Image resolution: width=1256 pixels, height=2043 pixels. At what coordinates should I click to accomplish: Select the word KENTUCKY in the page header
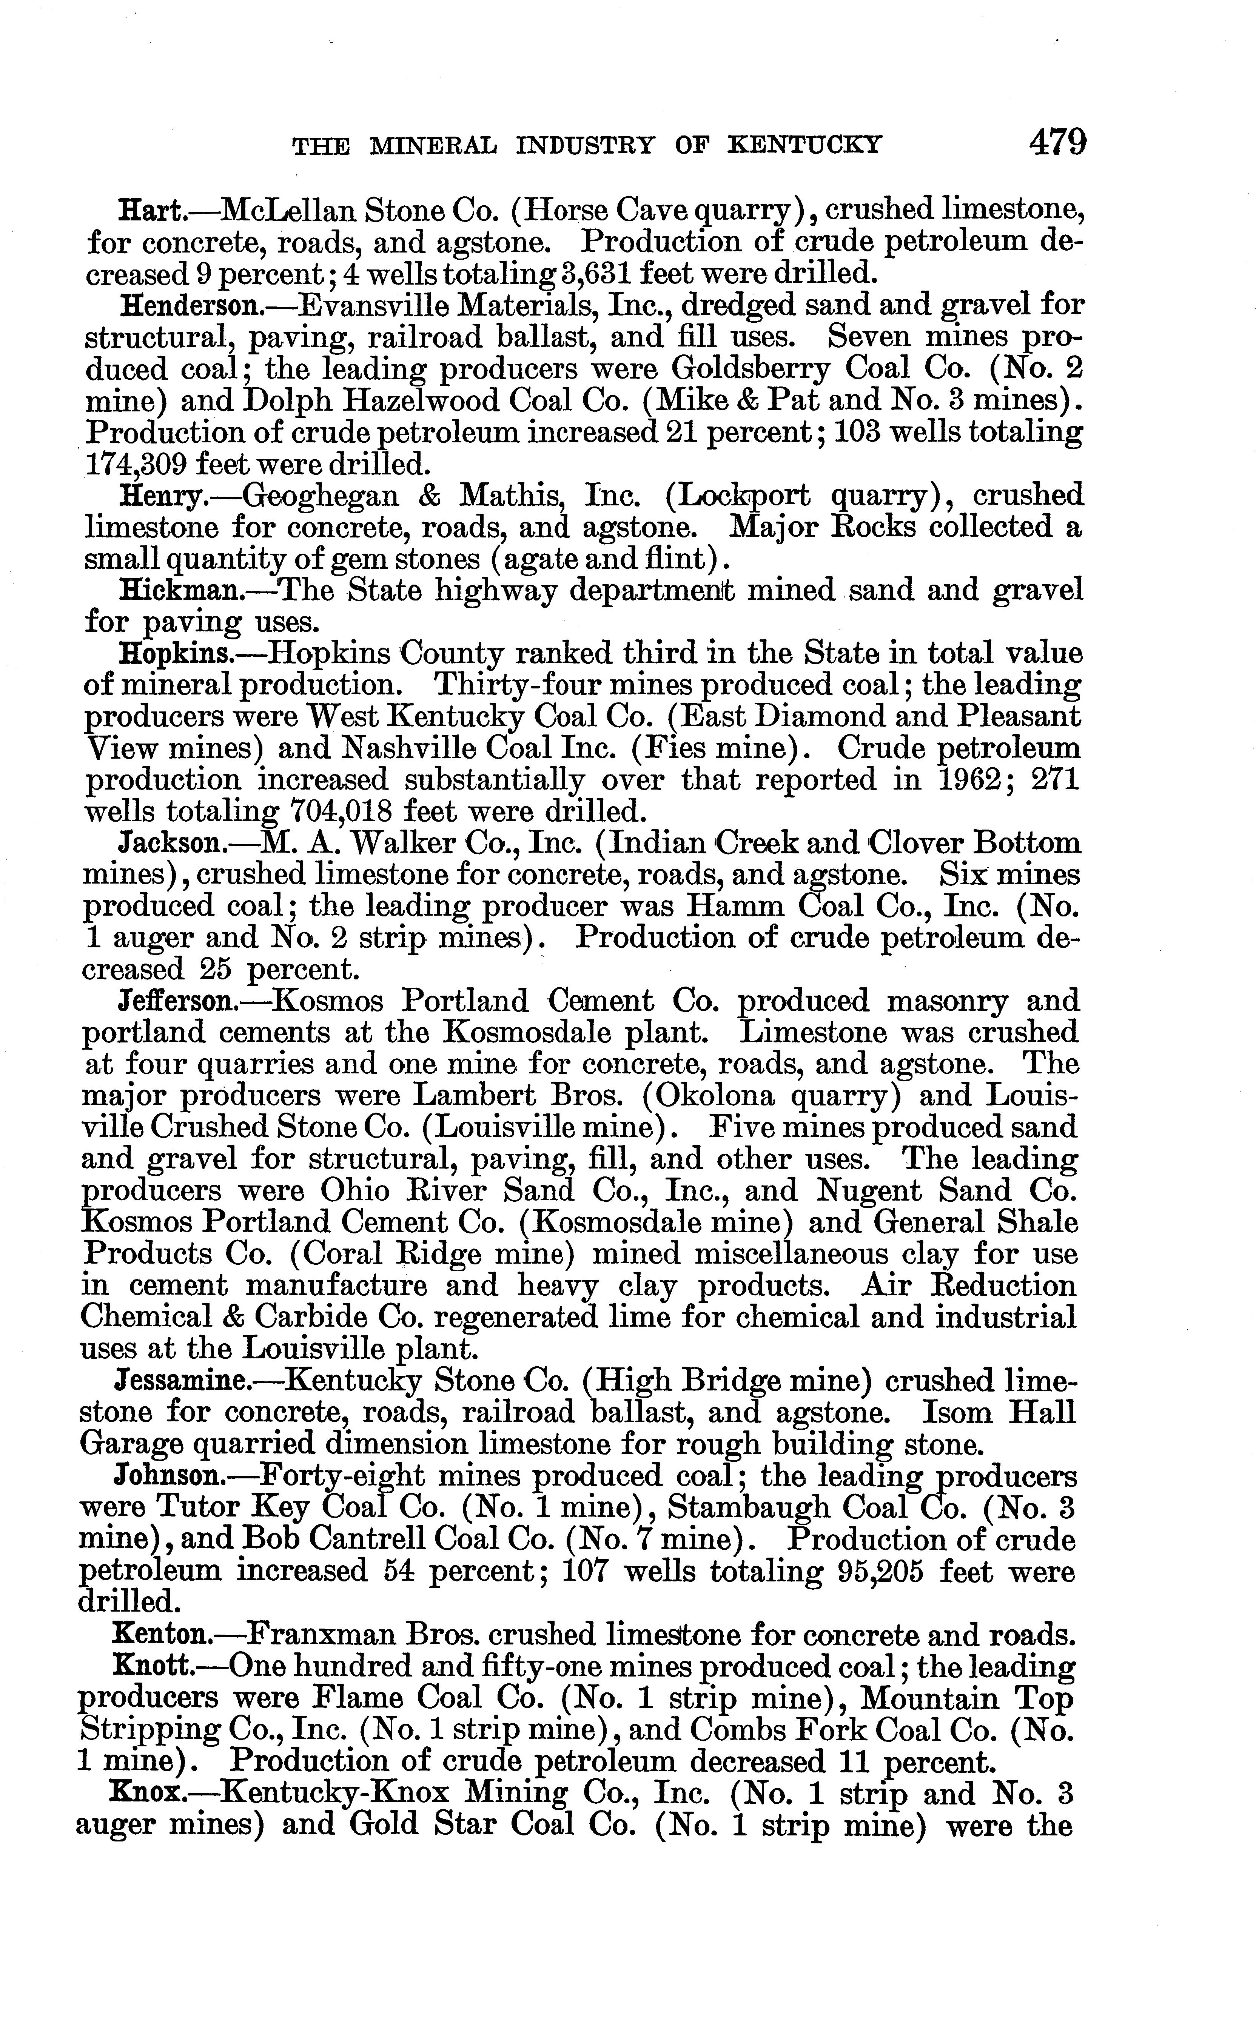click(804, 146)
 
